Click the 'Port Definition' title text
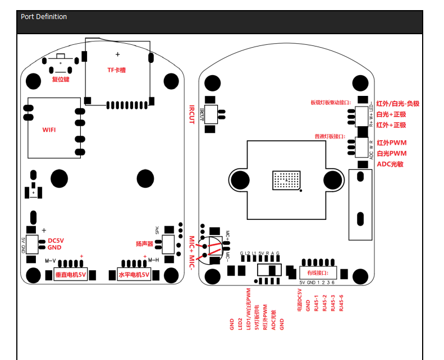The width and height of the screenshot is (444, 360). (44, 17)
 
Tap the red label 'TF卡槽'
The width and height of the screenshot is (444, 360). (117, 70)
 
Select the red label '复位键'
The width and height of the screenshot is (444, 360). (61, 80)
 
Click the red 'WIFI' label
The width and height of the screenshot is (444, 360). (50, 130)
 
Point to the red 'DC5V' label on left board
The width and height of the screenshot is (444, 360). (56, 241)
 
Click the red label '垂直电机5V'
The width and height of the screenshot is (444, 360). (70, 275)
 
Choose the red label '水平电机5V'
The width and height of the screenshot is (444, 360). (134, 275)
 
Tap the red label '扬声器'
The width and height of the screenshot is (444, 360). (144, 244)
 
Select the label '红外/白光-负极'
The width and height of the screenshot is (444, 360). (397, 104)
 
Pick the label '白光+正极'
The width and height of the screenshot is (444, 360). (391, 114)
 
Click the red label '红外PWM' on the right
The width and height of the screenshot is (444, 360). (391, 143)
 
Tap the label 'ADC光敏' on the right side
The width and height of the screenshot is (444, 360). (390, 164)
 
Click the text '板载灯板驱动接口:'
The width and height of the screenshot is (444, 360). (330, 103)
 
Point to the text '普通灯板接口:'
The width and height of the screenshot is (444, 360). (333, 136)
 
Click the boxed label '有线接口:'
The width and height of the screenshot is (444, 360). (322, 273)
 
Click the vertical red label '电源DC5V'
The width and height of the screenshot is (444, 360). (299, 301)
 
